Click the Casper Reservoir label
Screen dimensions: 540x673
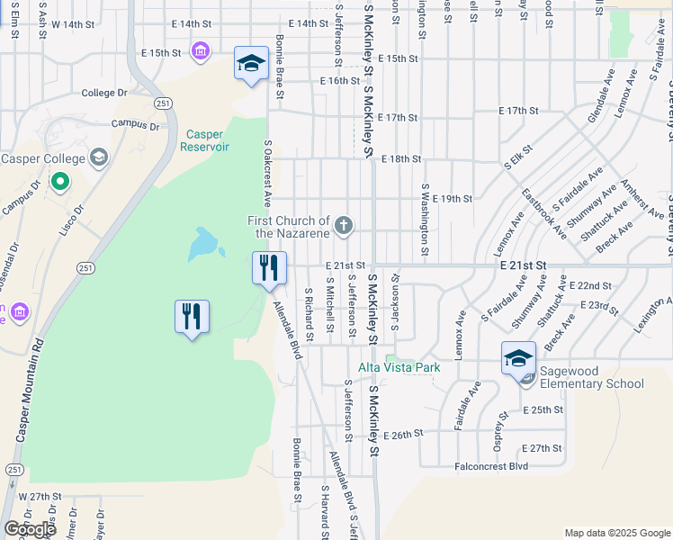pos(207,140)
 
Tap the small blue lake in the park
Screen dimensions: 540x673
pos(202,242)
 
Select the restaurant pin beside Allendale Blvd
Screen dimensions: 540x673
pos(269,268)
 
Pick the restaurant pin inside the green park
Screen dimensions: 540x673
pos(192,317)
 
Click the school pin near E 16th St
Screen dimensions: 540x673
pos(252,64)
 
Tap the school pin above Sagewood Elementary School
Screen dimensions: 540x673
pos(519,359)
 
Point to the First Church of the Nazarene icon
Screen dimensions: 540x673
pos(343,226)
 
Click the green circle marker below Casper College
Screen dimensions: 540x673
pos(60,183)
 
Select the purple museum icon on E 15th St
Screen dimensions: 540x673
pos(201,51)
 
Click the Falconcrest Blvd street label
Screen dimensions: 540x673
pos(491,466)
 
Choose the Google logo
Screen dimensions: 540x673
pos(30,529)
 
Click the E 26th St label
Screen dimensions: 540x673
pos(402,435)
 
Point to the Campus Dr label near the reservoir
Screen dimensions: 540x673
pos(135,125)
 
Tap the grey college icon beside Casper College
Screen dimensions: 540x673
pos(98,159)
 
